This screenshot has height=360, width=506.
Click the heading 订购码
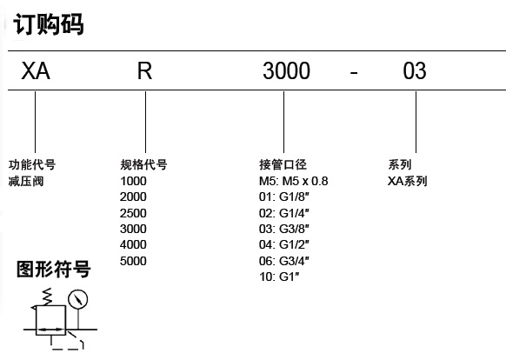(49, 24)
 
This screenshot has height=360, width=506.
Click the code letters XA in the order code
(36, 70)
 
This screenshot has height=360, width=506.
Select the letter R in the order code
(144, 70)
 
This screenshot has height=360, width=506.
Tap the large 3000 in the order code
(286, 70)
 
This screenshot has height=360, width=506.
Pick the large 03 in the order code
(415, 70)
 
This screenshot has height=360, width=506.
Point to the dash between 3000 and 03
(354, 73)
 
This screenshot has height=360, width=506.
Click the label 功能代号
(32, 164)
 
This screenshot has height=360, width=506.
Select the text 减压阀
(26, 181)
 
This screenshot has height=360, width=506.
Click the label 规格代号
(143, 164)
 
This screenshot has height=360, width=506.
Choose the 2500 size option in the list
(133, 213)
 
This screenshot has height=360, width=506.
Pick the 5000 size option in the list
(133, 261)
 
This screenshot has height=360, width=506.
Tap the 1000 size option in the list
(133, 181)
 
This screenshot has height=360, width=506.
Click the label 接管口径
(283, 164)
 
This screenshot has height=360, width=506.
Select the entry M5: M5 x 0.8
(293, 181)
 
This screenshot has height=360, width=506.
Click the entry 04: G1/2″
(284, 244)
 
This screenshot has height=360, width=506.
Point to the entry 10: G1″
(279, 277)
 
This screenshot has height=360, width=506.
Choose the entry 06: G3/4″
(284, 261)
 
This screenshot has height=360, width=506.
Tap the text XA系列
(407, 181)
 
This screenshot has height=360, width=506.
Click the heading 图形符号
(54, 270)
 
